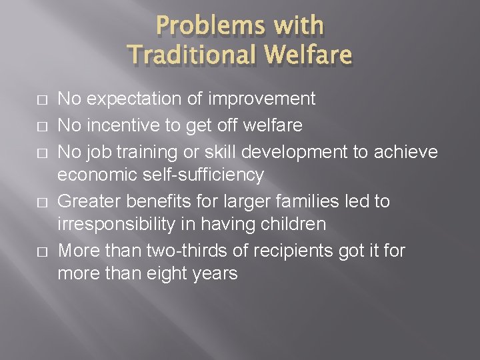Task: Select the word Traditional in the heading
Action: pos(191,54)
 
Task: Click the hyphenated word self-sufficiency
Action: pos(201,176)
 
